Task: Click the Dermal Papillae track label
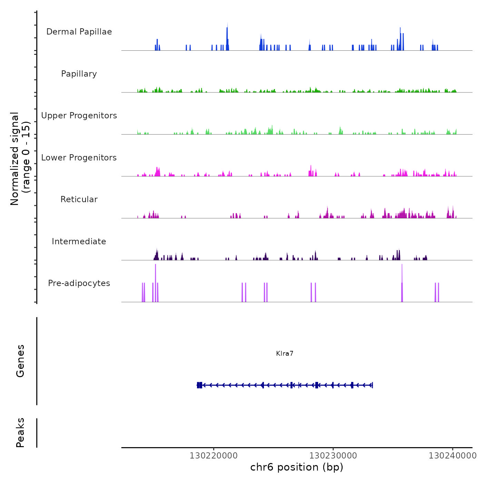tap(79, 32)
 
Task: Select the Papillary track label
tap(79, 74)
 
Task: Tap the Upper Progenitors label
tap(79, 116)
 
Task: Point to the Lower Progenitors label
tap(79, 158)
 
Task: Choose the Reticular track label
tap(79, 199)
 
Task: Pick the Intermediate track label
tap(79, 241)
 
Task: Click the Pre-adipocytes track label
tap(79, 283)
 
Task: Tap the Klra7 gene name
tap(285, 354)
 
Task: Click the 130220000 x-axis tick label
tap(214, 456)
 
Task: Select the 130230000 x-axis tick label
tap(333, 456)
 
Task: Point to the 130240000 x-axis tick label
tap(453, 456)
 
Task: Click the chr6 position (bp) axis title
tap(297, 467)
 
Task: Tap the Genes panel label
tap(20, 361)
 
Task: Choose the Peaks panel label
tap(20, 433)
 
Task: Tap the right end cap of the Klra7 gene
tap(373, 385)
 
